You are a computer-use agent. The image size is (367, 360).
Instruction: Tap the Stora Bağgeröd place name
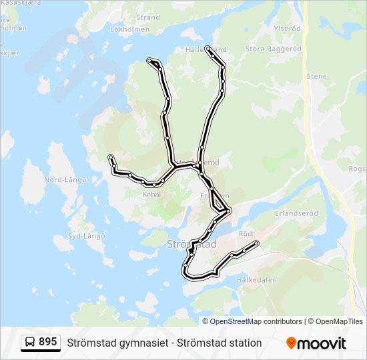[x=274, y=49]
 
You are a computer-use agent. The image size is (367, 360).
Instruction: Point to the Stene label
[x=317, y=77]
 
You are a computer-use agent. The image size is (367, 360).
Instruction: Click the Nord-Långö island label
[x=65, y=180]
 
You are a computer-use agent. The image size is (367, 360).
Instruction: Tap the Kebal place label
[x=152, y=195]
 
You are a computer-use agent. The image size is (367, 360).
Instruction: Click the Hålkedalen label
[x=256, y=280]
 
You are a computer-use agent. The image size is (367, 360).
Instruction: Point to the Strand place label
[x=148, y=17]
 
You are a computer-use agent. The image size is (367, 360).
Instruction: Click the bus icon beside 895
[x=30, y=343]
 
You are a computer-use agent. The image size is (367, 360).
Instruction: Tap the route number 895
[x=48, y=342]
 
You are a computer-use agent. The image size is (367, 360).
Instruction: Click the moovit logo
[x=316, y=343]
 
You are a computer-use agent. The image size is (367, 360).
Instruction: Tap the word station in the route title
[x=240, y=343]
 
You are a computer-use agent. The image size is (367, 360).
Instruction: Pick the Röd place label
[x=245, y=234]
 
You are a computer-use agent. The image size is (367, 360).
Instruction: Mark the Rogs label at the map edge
[x=357, y=169]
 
